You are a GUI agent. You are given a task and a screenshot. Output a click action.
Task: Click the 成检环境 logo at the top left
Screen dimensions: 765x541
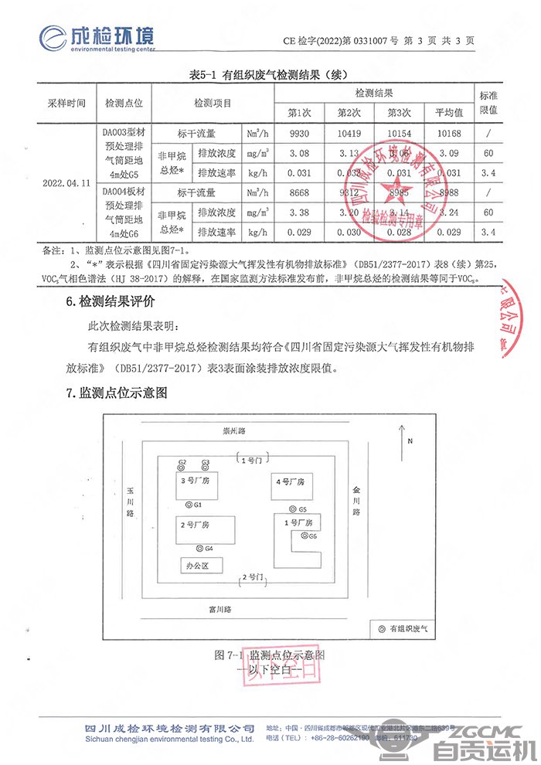point(97,36)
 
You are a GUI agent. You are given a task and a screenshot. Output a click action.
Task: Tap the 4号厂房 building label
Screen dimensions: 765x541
point(291,481)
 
